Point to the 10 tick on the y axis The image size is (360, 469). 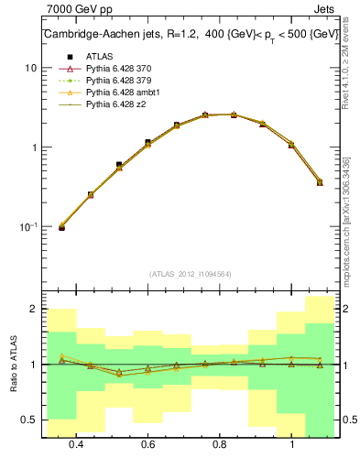coord(30,68)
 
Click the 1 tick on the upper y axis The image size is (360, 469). coord(33,147)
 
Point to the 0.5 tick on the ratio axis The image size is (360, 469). coord(28,420)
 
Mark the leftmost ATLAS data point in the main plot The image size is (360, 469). coord(62,227)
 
